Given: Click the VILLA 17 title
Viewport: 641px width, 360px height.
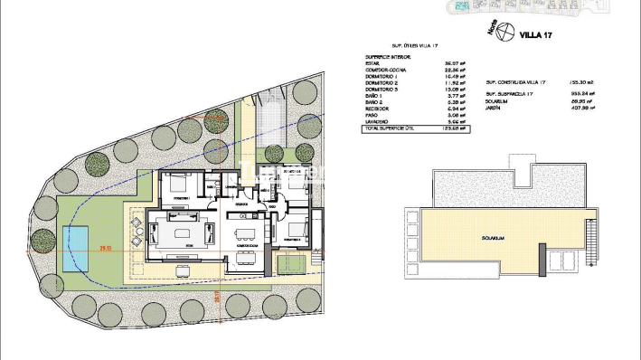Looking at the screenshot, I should click(536, 36).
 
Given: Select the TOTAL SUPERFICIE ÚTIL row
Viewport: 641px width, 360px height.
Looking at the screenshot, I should click(415, 128).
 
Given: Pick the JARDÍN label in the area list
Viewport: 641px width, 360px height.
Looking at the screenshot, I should click(494, 108).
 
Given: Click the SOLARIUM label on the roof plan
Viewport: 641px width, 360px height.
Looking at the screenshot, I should click(493, 238).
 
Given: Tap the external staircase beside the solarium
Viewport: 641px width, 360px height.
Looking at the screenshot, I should click(591, 244).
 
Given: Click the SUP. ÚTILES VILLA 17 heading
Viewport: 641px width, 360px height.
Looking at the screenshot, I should click(414, 44).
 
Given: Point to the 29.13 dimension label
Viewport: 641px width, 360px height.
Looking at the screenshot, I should click(106, 248).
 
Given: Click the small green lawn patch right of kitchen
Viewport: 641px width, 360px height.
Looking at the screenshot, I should click(290, 263).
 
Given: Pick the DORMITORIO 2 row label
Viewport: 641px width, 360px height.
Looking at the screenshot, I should click(381, 84).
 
